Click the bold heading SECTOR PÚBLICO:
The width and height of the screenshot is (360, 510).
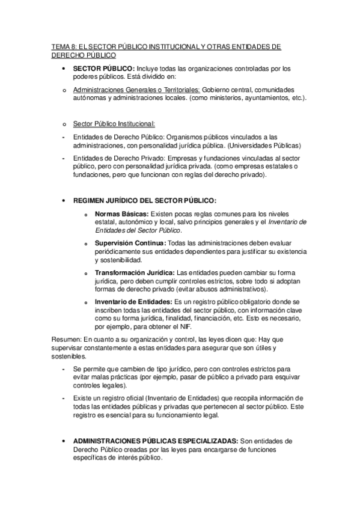point(104,68)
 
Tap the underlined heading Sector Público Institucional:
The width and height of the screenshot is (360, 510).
point(114,124)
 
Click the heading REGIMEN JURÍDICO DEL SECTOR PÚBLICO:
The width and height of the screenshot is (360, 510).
point(145,200)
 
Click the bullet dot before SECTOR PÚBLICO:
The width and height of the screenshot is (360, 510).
point(64,69)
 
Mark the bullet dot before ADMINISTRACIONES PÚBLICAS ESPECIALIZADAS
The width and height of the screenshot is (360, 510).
point(64,441)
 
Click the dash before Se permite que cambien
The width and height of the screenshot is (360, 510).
point(64,369)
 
